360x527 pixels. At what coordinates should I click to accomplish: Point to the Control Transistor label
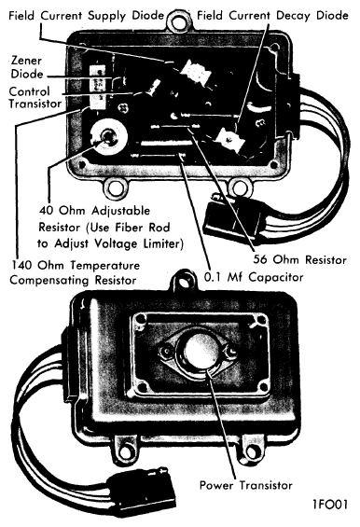[x=33, y=100]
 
